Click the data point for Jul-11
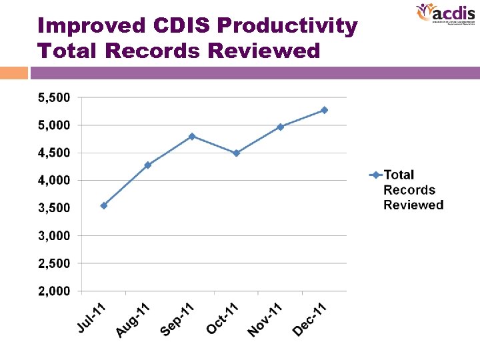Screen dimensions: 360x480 (103, 205)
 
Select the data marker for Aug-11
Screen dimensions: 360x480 (148, 165)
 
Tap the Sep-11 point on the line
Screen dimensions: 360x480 (192, 136)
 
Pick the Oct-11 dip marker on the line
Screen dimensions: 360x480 (236, 153)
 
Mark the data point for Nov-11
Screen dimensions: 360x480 (280, 127)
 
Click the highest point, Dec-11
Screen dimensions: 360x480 (325, 110)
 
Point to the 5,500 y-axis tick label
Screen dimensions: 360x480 (53, 98)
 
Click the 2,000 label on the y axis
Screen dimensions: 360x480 (53, 291)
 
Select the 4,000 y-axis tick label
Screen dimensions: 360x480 (53, 181)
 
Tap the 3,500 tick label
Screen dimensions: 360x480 (53, 208)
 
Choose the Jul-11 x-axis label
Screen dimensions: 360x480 (91, 318)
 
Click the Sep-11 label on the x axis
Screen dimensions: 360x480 (177, 320)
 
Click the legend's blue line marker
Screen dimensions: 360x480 (375, 175)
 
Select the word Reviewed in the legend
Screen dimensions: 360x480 (413, 205)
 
